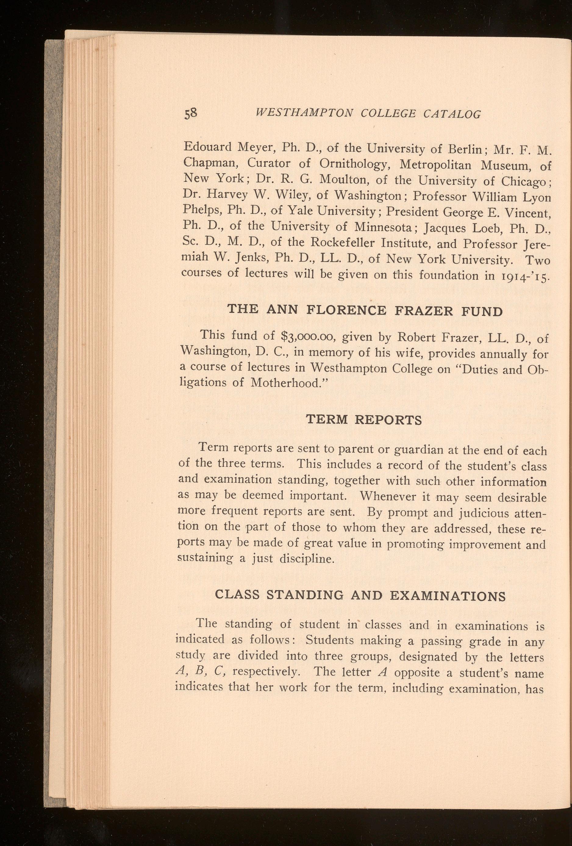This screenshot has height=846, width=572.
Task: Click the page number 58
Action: (x=191, y=114)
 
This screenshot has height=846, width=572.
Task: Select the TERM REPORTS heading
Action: (x=364, y=420)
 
